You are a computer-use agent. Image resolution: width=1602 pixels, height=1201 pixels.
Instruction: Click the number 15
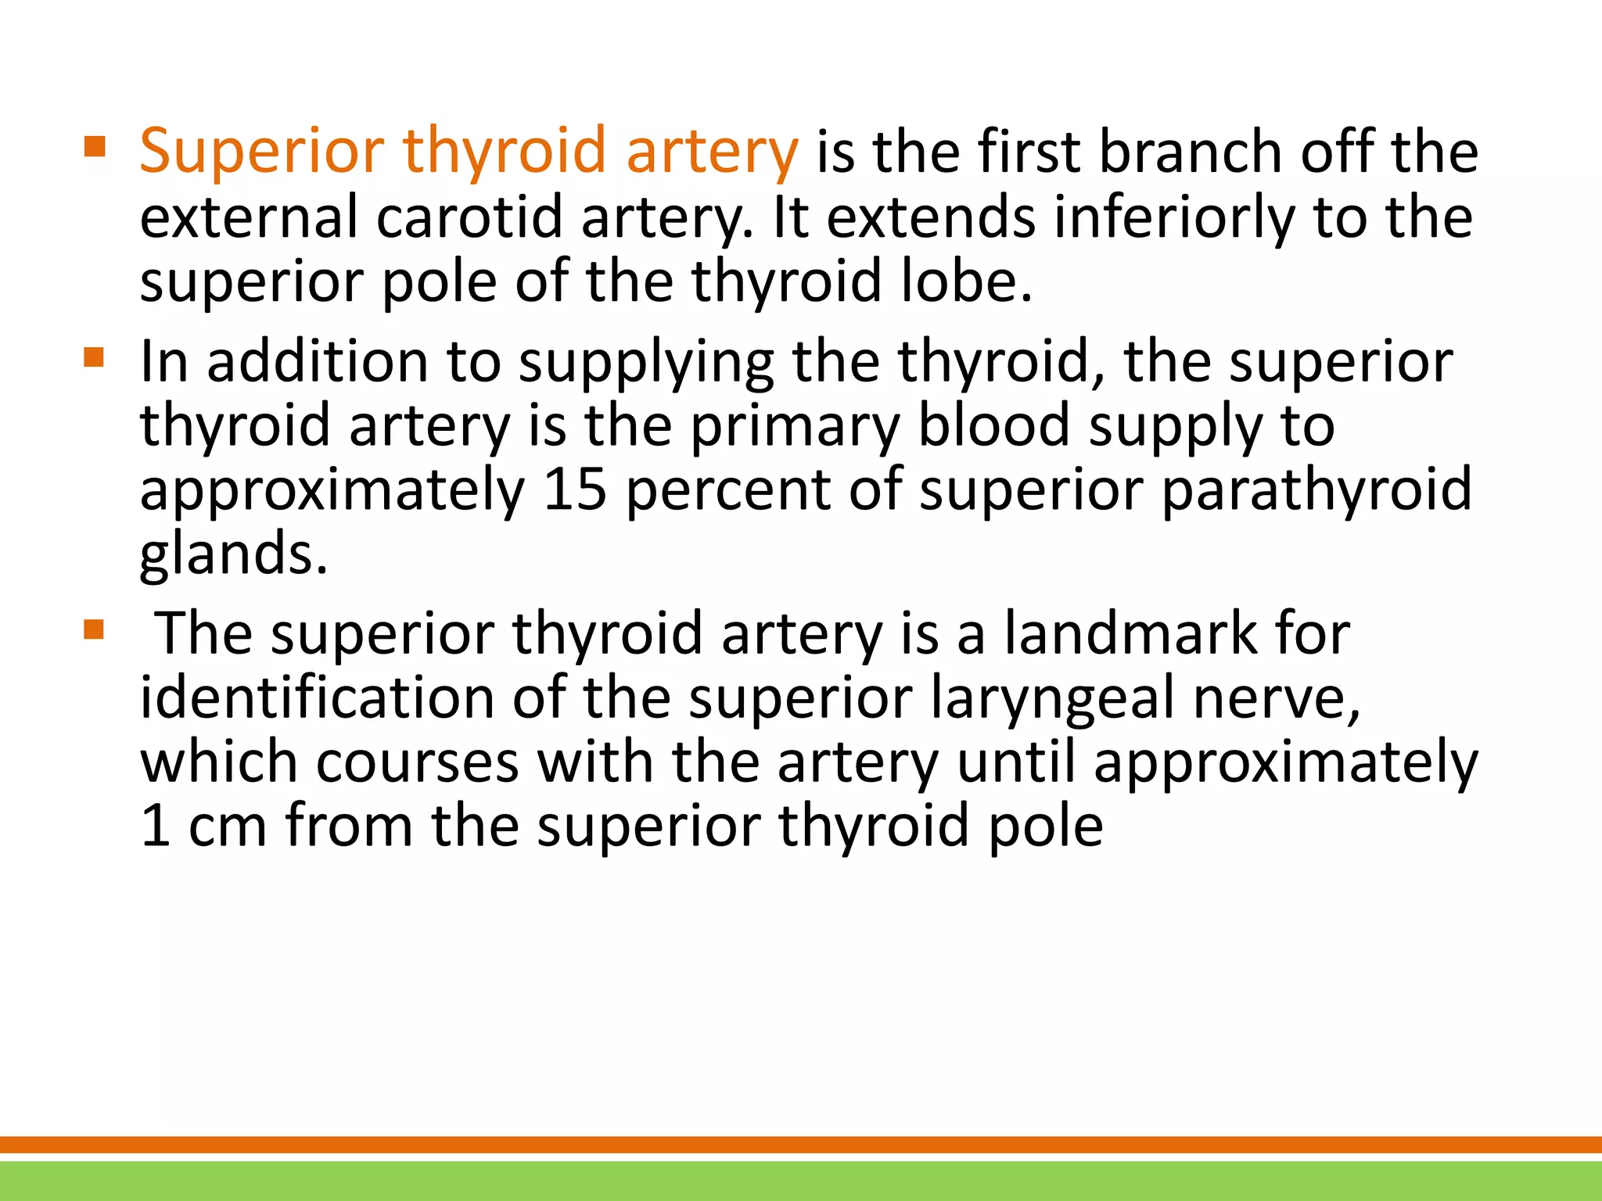click(575, 489)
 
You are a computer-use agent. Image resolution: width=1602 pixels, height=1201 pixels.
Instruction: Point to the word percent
click(728, 489)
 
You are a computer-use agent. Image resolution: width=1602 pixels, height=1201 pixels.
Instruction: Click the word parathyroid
click(1316, 489)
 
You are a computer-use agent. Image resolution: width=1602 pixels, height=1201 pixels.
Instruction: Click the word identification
click(317, 697)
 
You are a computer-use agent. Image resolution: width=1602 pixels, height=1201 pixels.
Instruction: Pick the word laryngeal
click(1053, 697)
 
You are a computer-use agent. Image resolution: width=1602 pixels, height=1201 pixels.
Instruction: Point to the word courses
click(417, 762)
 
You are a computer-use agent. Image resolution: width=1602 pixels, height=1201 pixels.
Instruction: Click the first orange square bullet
click(94, 146)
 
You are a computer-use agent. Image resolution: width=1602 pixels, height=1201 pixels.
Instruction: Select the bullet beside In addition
click(94, 357)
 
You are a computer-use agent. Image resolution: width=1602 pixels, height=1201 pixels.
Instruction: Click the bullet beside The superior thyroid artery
click(94, 629)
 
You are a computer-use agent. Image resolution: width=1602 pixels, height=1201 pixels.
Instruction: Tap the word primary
click(794, 425)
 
